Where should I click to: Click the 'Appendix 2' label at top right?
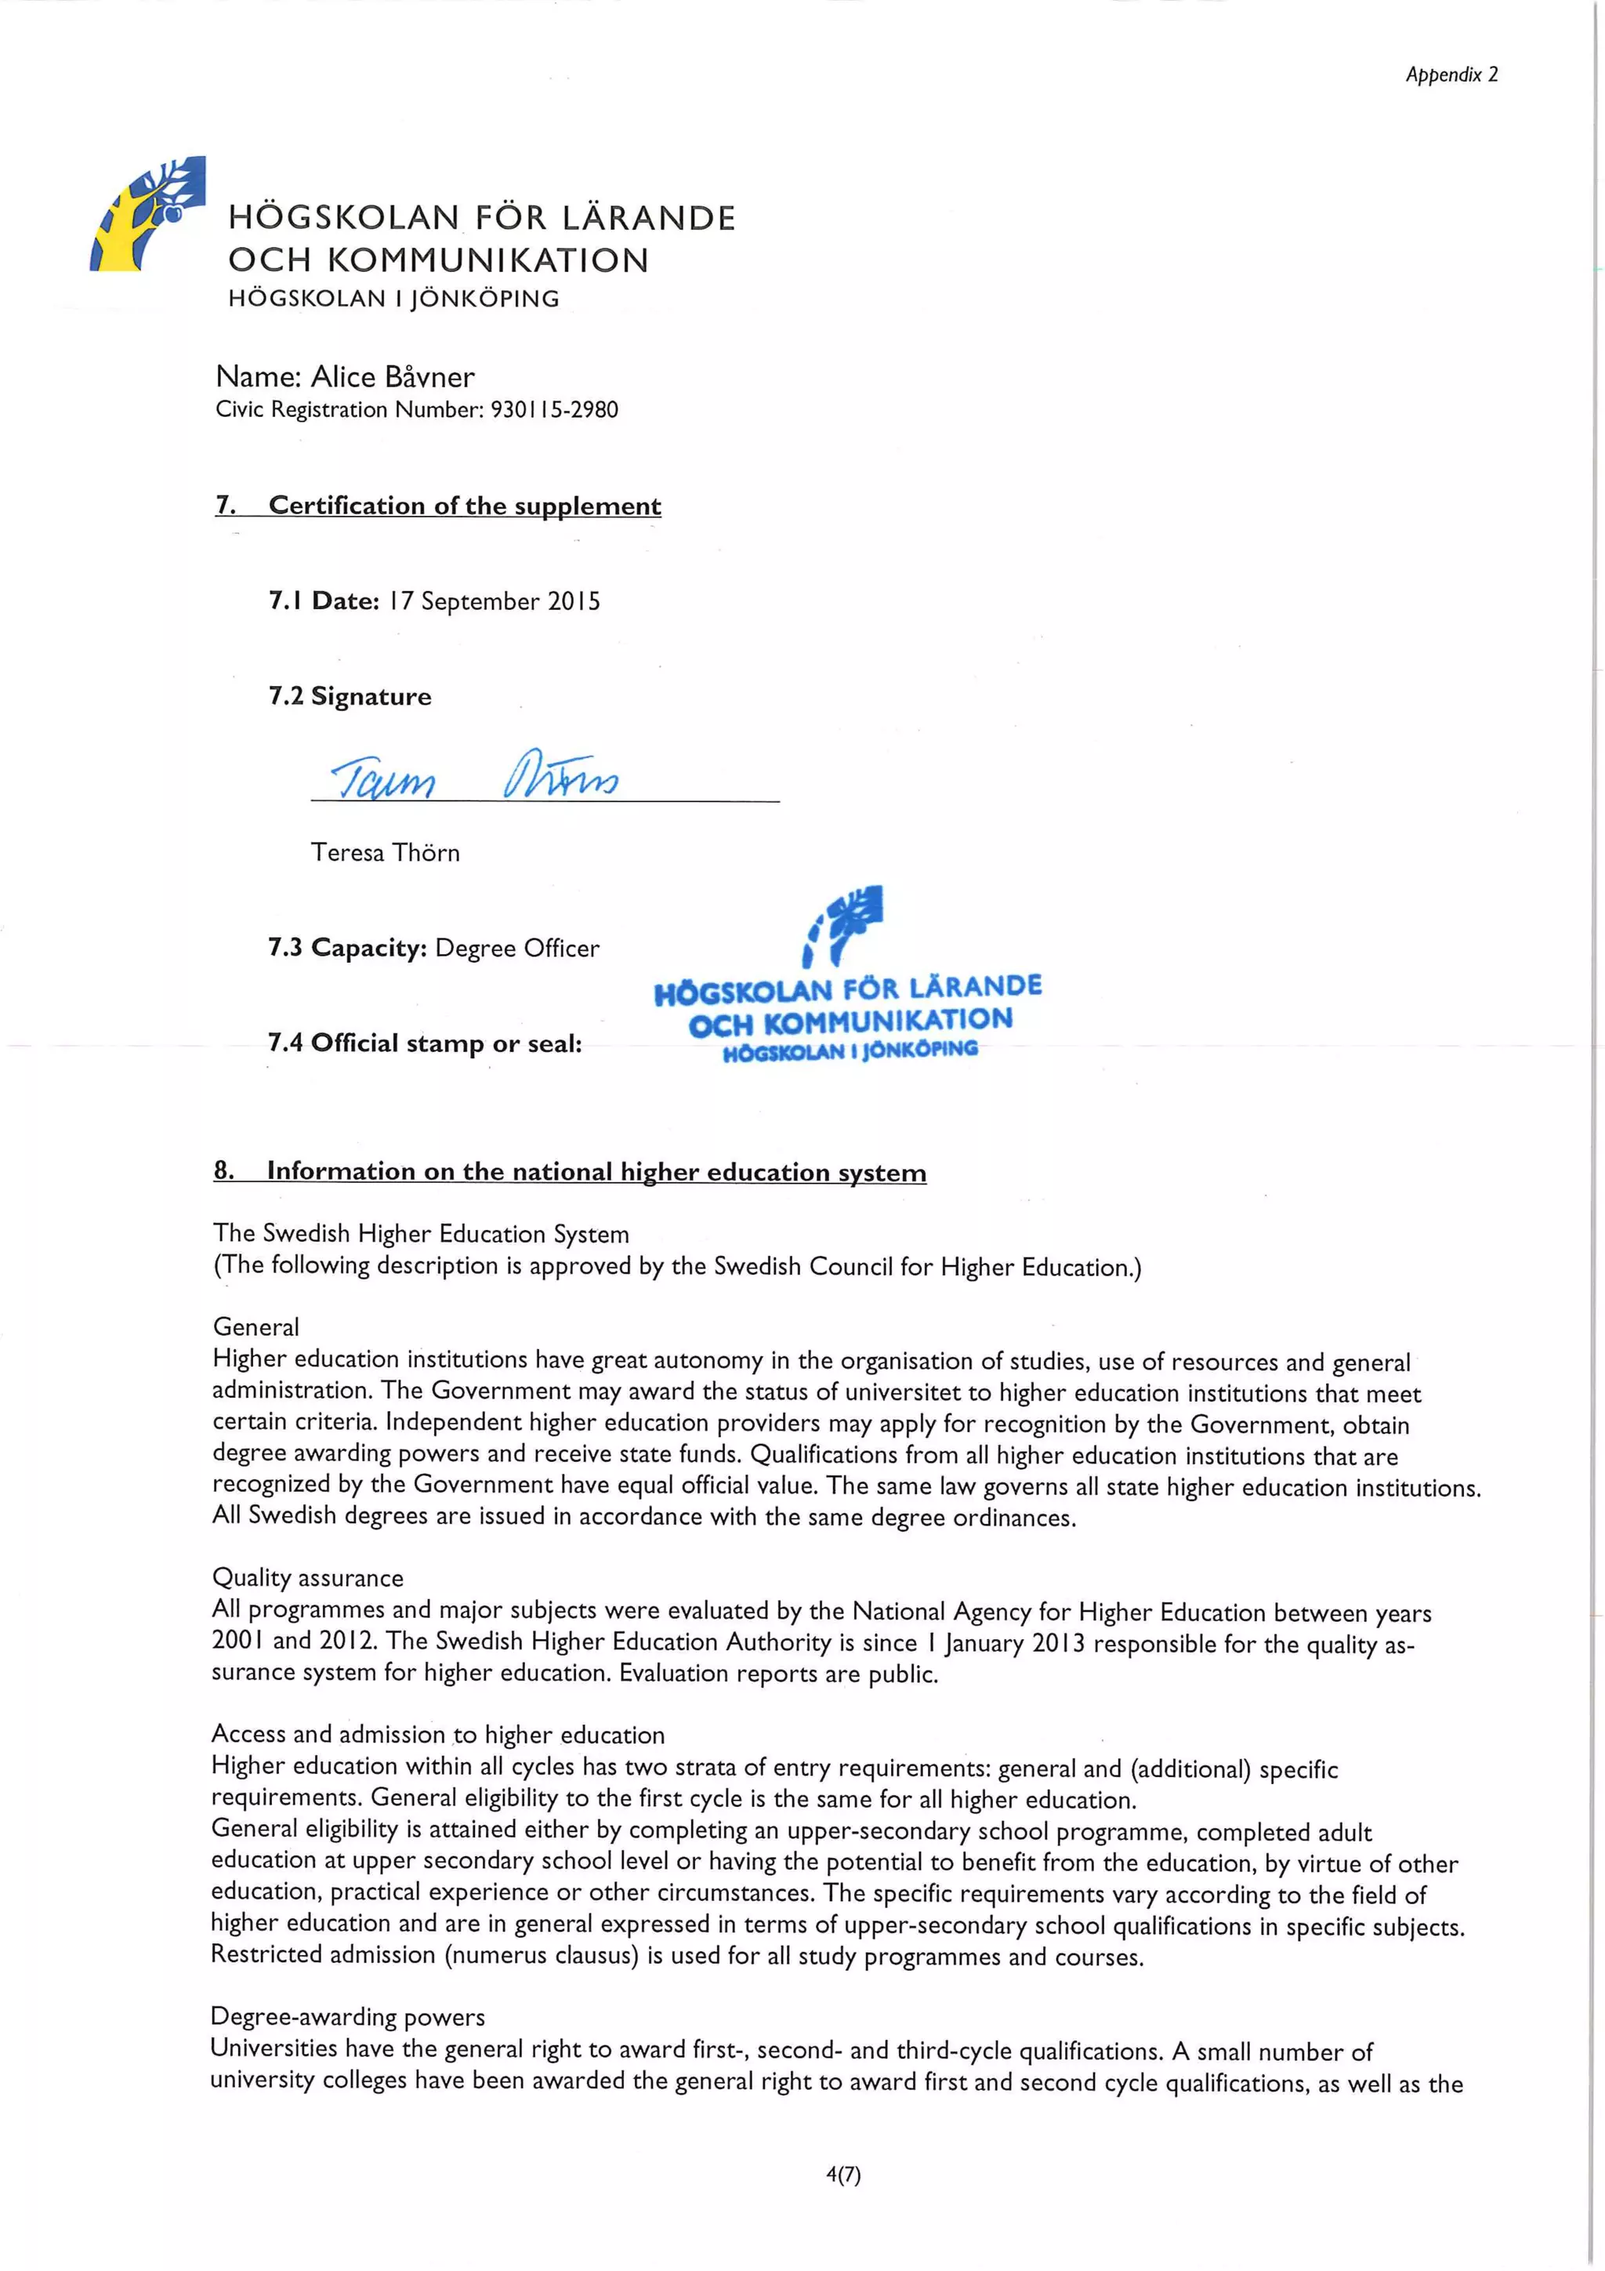point(1451,74)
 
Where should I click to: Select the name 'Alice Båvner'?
point(393,377)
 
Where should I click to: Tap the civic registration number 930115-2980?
point(554,409)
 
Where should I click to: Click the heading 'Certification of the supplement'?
point(464,506)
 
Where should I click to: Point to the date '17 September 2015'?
point(495,601)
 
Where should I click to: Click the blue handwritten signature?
point(475,776)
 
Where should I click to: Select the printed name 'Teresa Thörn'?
point(385,853)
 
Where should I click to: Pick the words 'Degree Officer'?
point(517,949)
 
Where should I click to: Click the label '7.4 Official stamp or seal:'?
point(424,1043)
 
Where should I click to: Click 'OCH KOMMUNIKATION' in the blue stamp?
point(850,1021)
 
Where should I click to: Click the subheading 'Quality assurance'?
point(307,1578)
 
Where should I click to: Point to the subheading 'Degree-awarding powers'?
point(347,2017)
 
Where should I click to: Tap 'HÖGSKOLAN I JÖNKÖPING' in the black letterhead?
point(393,299)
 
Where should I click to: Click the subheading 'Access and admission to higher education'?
point(437,1734)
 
